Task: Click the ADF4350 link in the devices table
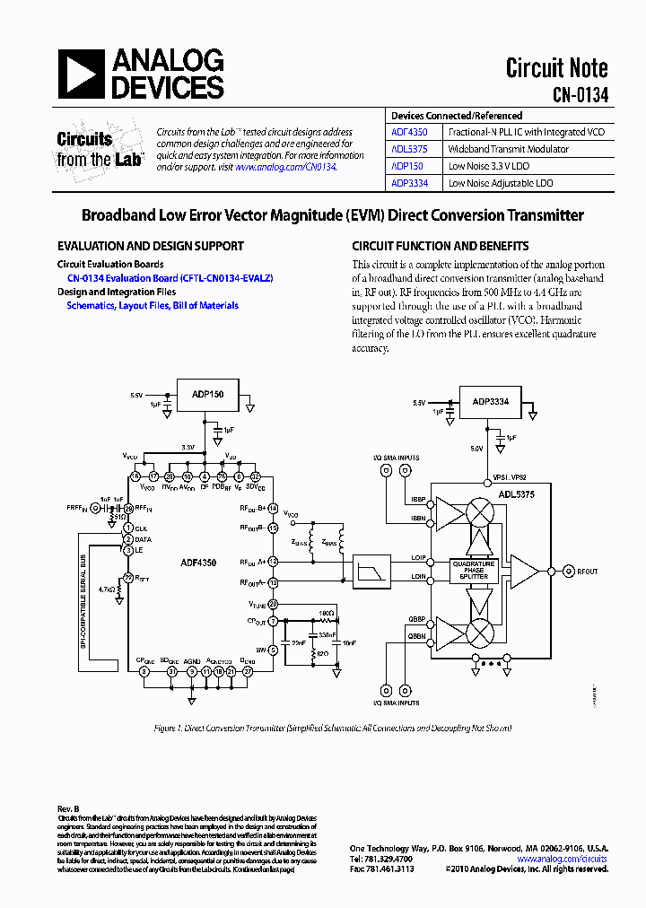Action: [x=409, y=132]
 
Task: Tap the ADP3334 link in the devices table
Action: [x=409, y=183]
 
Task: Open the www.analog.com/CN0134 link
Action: [x=285, y=167]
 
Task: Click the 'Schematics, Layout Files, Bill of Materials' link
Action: [x=153, y=305]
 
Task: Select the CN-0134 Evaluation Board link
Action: [x=170, y=278]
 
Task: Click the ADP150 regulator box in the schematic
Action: [x=208, y=394]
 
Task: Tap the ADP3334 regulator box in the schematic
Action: [x=491, y=401]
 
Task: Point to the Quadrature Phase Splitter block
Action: [x=474, y=571]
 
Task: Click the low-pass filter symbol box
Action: [x=369, y=570]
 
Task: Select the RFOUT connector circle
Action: [x=568, y=570]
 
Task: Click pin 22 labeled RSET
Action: [x=128, y=577]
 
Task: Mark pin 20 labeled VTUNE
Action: [x=273, y=604]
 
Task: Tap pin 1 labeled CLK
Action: [x=128, y=528]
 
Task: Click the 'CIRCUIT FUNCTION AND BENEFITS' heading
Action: [x=440, y=246]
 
